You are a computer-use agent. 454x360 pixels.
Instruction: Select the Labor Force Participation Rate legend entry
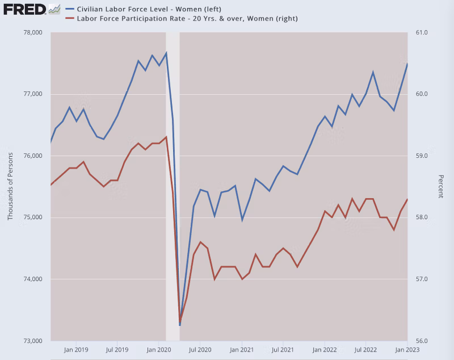tap(182, 19)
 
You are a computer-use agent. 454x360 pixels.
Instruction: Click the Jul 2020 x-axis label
tap(200, 351)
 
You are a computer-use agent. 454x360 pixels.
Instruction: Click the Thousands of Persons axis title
tap(10, 186)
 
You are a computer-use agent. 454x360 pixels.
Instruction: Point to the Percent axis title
tap(440, 186)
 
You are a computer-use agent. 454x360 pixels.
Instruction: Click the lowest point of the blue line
tap(180, 325)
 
